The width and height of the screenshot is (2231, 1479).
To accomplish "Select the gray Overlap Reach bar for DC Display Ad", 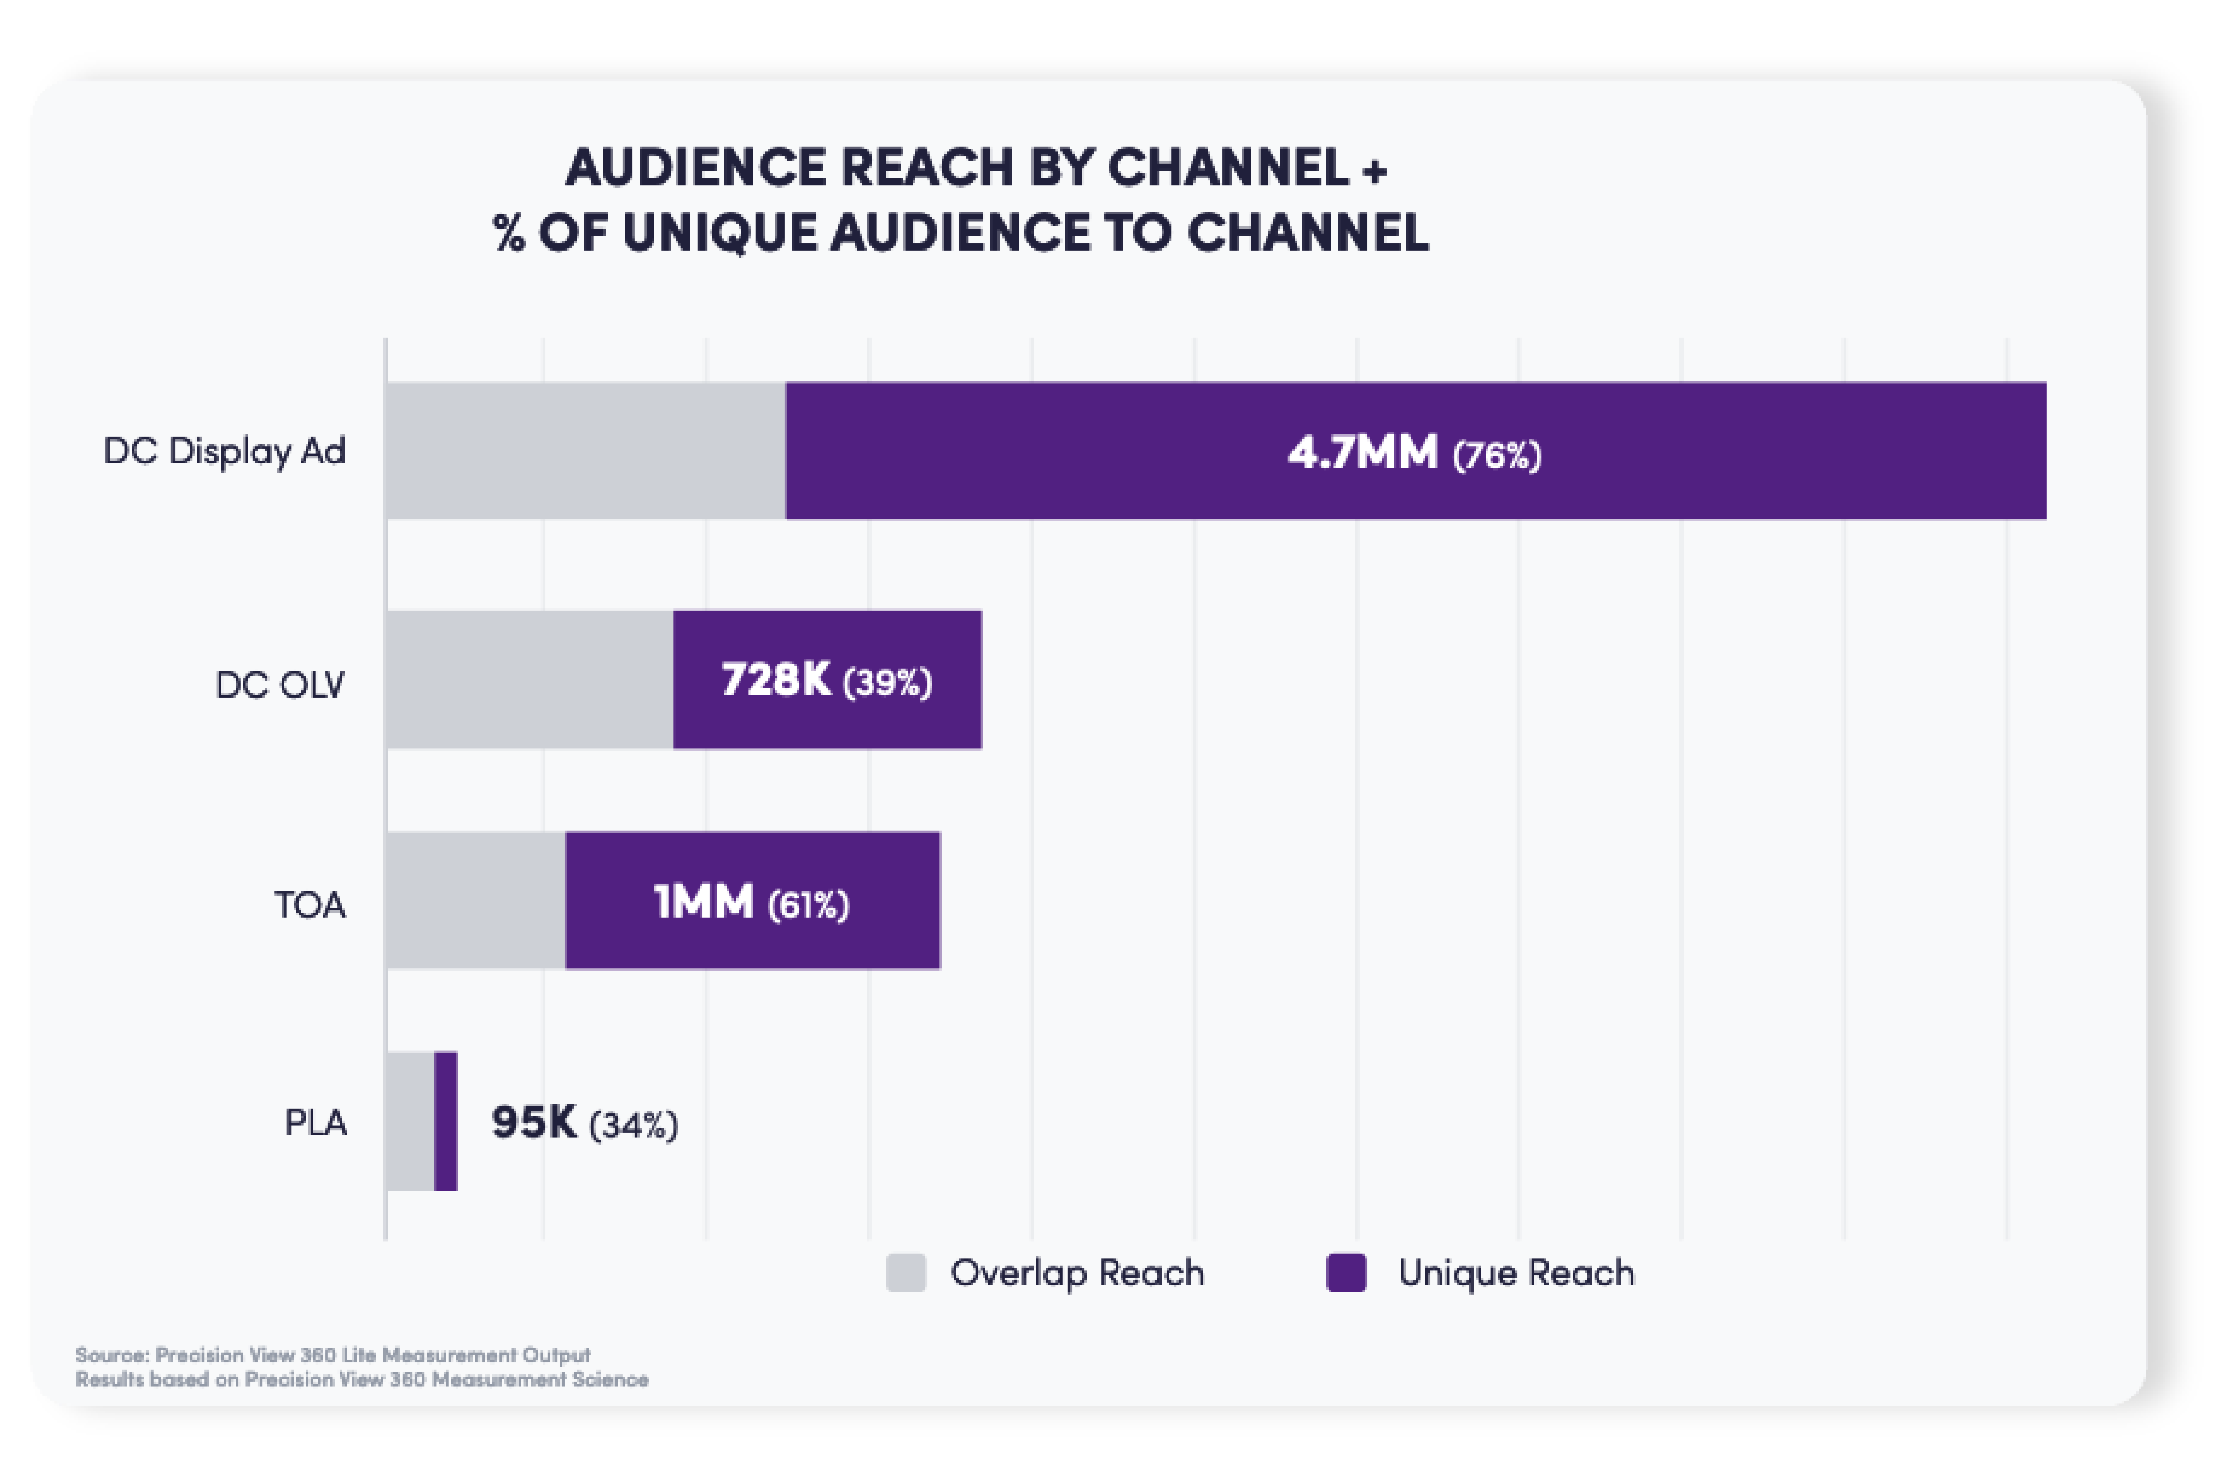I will coord(585,451).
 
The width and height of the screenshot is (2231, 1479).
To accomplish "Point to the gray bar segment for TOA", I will coord(474,901).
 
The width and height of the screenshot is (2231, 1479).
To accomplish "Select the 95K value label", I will coord(534,1122).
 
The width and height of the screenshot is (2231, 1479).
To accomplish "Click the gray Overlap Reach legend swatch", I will coord(906,1272).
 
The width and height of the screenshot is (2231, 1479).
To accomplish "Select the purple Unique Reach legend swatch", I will coord(1346,1272).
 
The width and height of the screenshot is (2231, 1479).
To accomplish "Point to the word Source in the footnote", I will coord(111,1355).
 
